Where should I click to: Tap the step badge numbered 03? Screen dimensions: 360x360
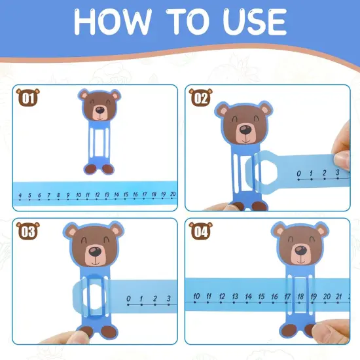[27, 231]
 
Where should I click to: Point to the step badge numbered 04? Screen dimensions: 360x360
[200, 230]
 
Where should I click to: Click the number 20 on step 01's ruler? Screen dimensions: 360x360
[173, 194]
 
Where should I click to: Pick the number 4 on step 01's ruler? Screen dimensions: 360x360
[21, 195]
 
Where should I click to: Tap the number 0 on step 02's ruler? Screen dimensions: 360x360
[299, 175]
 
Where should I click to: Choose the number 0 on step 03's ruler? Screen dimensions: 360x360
[128, 300]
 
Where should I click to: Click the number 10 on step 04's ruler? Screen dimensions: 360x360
[196, 297]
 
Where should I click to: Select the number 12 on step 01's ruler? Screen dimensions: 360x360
[97, 195]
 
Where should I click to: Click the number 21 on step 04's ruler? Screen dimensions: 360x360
[338, 297]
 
